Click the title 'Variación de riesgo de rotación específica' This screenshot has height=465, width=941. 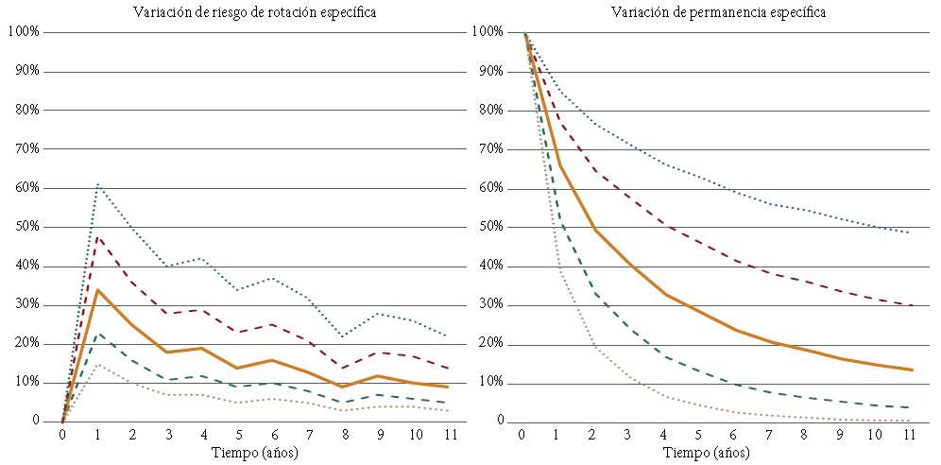click(253, 13)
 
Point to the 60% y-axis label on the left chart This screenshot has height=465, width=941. click(23, 188)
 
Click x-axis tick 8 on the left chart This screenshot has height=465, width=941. click(344, 436)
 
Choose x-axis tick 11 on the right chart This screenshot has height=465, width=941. click(908, 436)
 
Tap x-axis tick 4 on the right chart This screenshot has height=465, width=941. click(663, 436)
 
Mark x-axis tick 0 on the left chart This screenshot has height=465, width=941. click(62, 436)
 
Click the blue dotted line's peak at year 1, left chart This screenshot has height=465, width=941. click(97, 183)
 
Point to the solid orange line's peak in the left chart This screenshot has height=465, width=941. click(97, 289)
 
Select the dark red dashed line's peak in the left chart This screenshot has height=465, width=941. click(97, 235)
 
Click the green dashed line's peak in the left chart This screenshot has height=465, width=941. click(97, 333)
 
